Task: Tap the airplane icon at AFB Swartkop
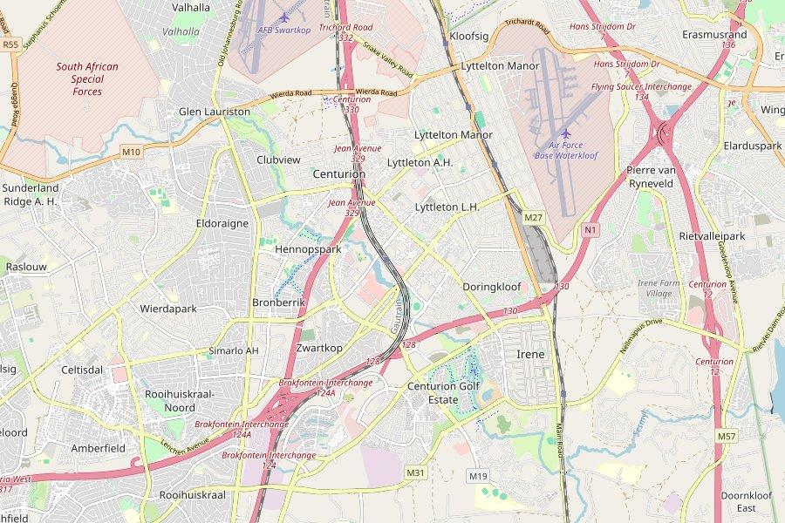284,17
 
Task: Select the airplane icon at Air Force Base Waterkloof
566,133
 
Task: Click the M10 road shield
131,153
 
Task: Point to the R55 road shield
10,44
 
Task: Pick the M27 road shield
534,216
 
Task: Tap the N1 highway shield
592,230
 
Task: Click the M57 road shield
727,436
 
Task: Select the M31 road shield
415,472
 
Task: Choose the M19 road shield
477,476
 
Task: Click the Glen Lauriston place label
214,112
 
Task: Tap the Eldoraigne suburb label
222,223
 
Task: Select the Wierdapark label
168,309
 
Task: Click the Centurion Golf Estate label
445,393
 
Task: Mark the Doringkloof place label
491,286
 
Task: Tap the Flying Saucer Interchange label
641,87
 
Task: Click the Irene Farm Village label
660,289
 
